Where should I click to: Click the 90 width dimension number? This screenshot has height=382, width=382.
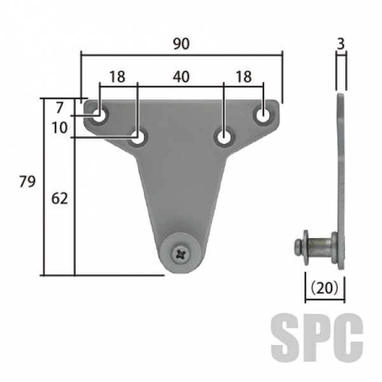pos(181,44)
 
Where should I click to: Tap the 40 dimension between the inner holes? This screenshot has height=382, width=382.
pos(181,76)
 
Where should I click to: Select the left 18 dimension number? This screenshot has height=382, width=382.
pos(117,76)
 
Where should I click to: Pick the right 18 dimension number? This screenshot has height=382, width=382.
pos(244,76)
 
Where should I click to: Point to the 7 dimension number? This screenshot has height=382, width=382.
pos(60,108)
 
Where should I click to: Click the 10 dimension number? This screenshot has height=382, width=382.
pos(60,127)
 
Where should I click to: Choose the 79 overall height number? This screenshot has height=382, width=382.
pos(27,181)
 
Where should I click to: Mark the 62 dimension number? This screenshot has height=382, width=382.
pos(60,199)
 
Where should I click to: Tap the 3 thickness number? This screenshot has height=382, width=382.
pos(341,44)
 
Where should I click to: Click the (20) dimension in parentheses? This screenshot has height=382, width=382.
pos(325,288)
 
